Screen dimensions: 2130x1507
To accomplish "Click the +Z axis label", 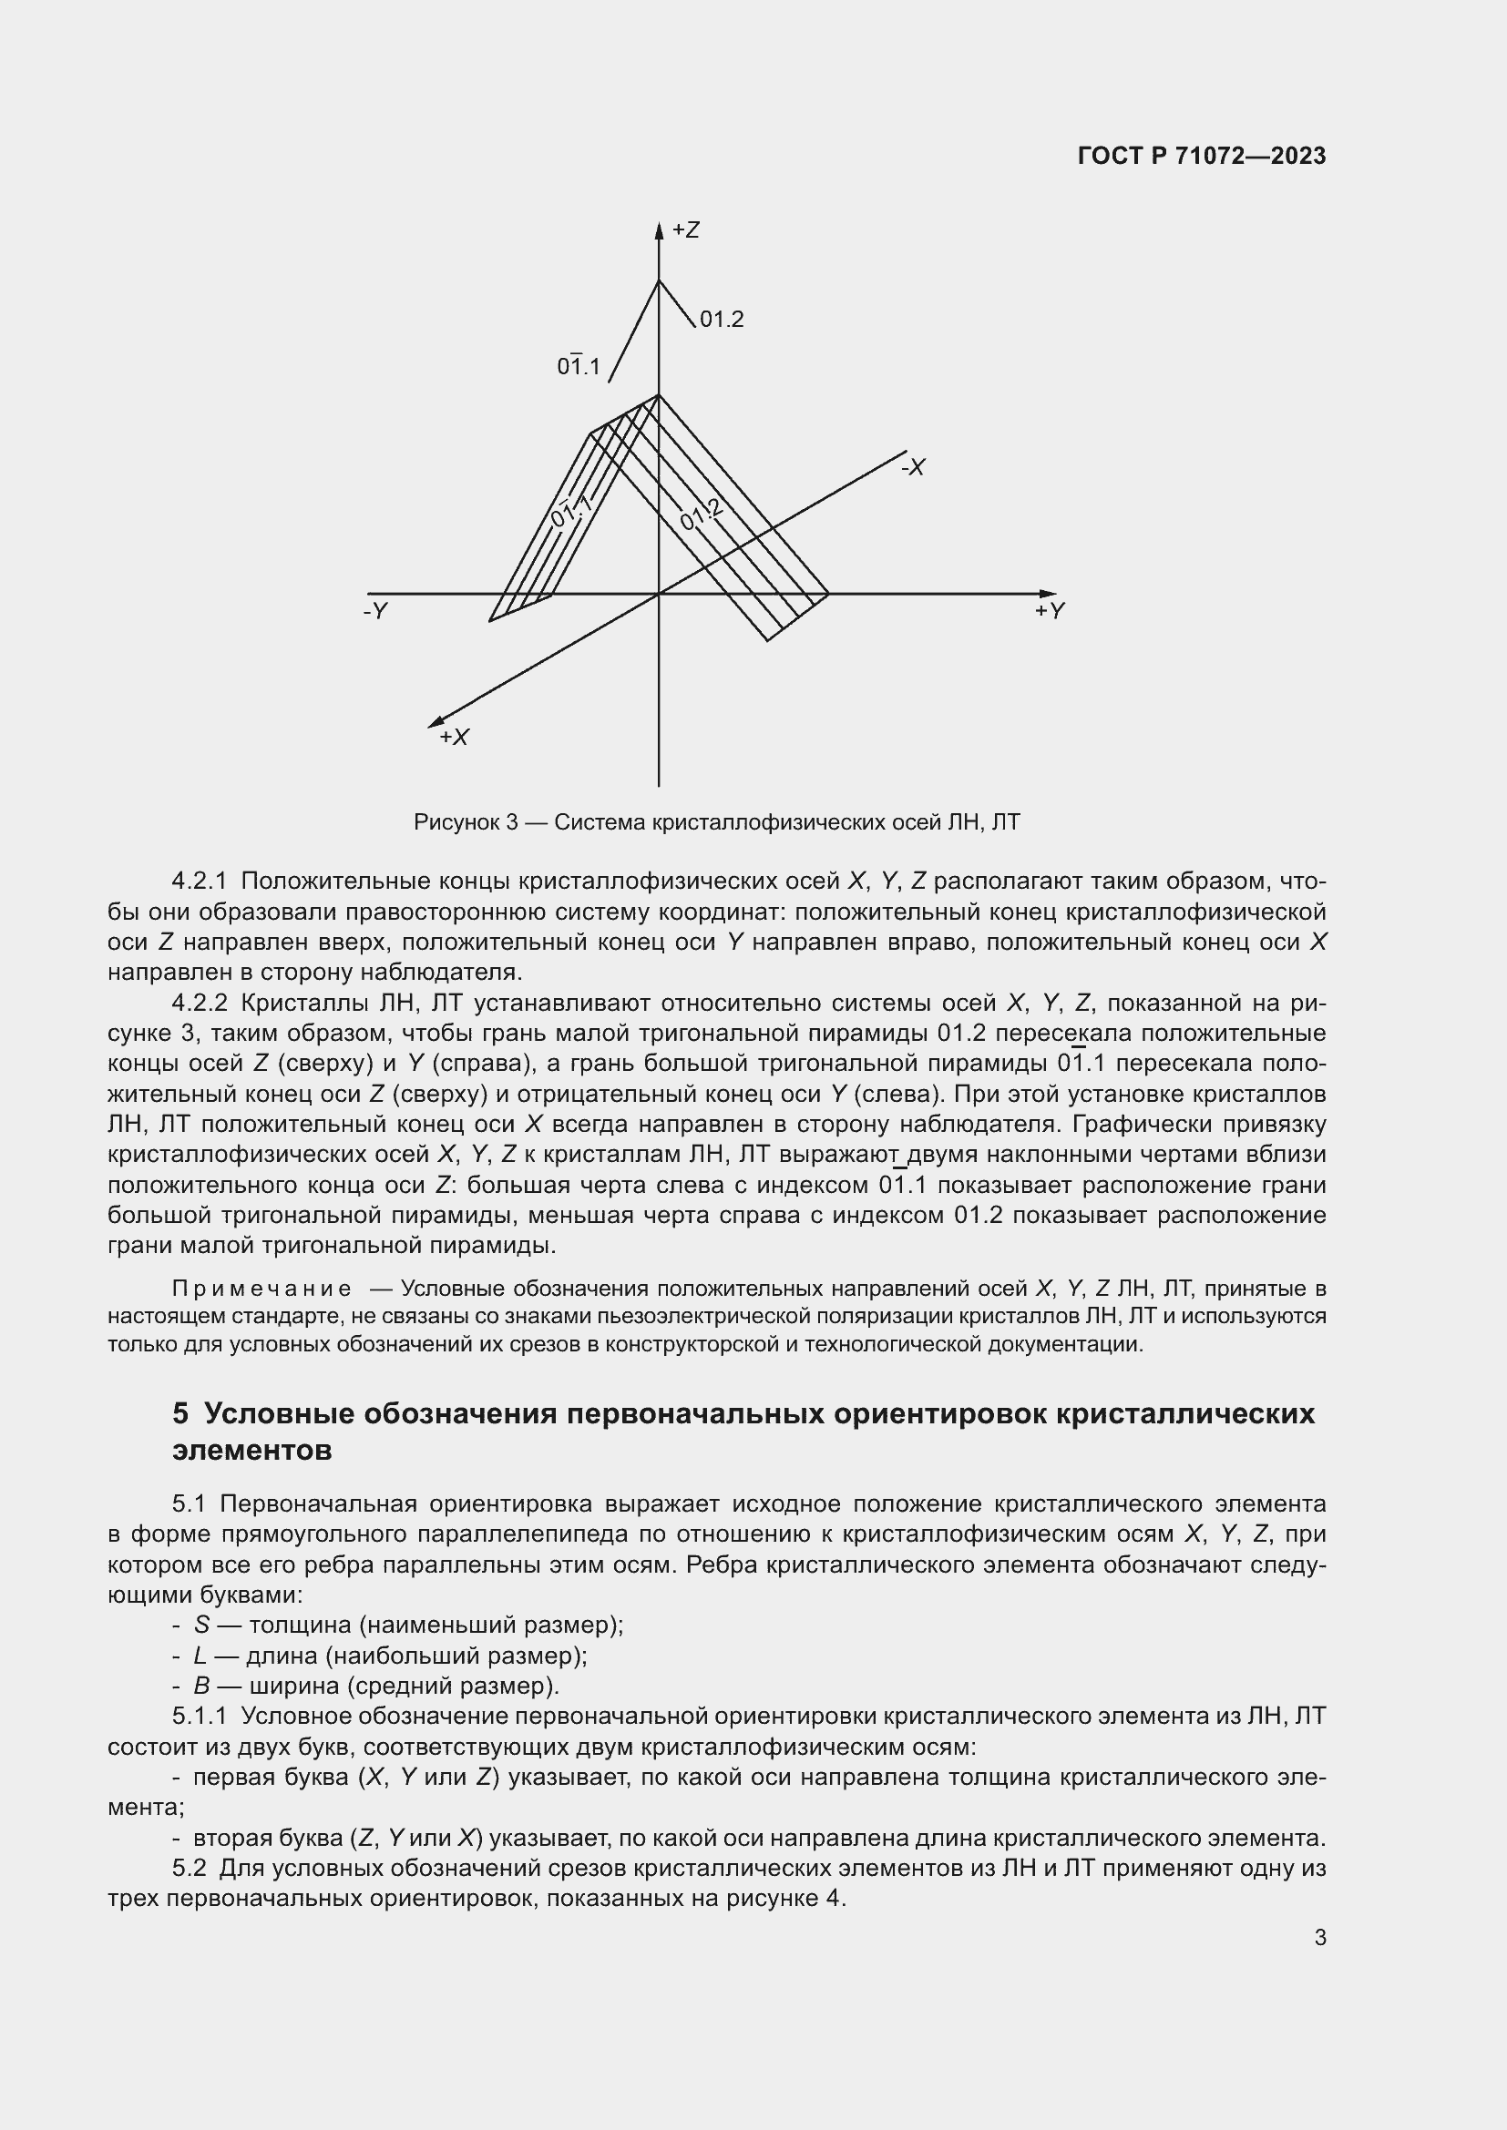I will click(686, 230).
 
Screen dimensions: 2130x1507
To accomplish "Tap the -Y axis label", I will click(374, 611).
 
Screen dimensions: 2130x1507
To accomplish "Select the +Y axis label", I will click(1051, 610).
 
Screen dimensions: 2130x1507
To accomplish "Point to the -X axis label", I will click(913, 467).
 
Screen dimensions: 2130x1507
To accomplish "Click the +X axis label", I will click(454, 737).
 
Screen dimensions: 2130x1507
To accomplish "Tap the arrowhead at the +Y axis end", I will click(1048, 594).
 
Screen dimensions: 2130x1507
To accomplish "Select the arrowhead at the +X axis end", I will click(435, 723).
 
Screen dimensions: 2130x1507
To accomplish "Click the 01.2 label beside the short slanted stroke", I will click(721, 320).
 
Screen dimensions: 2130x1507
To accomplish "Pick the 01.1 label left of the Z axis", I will click(579, 366).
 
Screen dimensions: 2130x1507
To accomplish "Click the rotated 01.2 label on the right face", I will click(702, 514).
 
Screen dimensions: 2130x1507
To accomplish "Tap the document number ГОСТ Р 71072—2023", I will click(1202, 156).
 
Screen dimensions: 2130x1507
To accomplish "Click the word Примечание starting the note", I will click(261, 1289).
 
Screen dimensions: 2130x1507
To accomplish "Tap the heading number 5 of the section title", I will click(180, 1414).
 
